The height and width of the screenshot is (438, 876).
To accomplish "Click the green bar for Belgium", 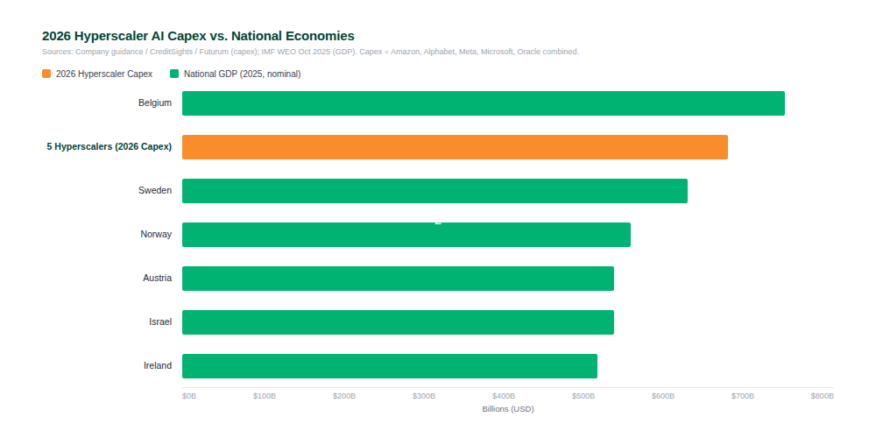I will click(x=483, y=103).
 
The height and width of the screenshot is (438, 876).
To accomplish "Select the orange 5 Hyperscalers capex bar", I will click(x=455, y=147).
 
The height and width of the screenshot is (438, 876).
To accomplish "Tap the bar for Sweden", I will click(x=434, y=191).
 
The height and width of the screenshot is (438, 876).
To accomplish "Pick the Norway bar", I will click(x=406, y=235).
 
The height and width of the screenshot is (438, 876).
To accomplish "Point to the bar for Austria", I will click(x=398, y=279).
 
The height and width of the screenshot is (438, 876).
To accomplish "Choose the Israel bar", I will click(x=398, y=322).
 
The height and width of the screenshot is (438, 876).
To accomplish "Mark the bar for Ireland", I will click(x=389, y=366).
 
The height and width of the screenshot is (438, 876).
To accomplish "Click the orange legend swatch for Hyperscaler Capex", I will click(x=46, y=74).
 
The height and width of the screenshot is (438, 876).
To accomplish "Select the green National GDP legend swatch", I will click(x=174, y=74).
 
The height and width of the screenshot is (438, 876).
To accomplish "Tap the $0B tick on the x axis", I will click(x=189, y=396).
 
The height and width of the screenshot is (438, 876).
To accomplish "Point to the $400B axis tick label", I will click(x=504, y=396).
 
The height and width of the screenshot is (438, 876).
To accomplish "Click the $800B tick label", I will click(x=822, y=396).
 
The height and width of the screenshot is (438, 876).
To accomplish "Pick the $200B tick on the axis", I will click(x=344, y=396).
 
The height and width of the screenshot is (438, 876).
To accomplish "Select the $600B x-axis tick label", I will click(x=663, y=396).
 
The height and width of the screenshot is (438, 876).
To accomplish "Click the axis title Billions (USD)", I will click(x=508, y=409).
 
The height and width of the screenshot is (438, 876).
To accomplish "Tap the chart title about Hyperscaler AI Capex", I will click(x=198, y=36).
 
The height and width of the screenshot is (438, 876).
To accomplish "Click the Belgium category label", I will click(x=155, y=103).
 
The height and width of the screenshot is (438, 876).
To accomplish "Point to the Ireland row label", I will click(x=158, y=366).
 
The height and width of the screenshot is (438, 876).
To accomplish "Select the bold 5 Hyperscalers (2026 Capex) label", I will click(x=109, y=147).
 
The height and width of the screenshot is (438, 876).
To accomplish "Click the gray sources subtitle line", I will click(x=310, y=52).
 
